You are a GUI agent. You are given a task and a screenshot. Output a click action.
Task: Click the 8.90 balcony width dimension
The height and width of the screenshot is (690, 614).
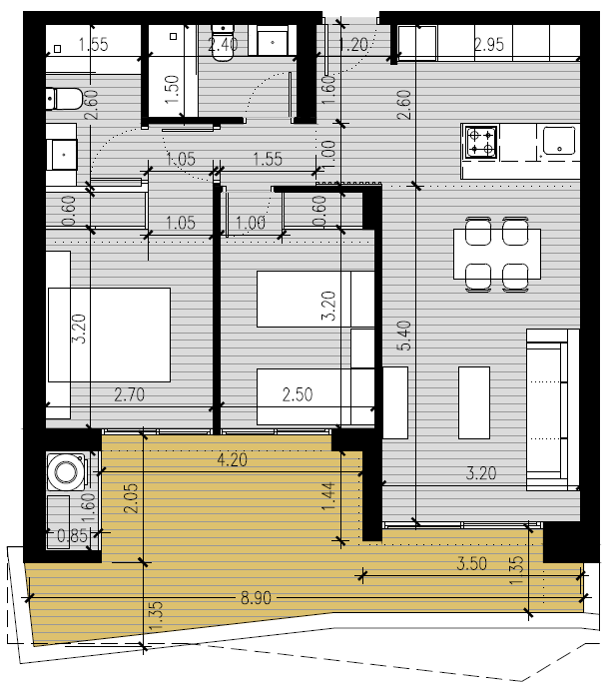click(256, 598)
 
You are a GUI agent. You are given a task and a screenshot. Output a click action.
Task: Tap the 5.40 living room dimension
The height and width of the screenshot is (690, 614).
click(404, 336)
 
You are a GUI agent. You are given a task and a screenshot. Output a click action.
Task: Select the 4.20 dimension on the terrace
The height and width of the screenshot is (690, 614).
click(233, 460)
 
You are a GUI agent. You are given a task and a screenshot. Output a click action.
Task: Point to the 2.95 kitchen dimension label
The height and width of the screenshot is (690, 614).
click(489, 45)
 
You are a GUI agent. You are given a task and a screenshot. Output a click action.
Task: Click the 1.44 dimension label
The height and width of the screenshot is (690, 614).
click(328, 496)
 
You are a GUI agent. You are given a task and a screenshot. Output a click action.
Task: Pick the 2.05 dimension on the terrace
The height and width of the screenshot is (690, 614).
click(131, 498)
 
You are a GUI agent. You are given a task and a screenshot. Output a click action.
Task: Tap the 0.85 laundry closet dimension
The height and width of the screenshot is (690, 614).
click(73, 535)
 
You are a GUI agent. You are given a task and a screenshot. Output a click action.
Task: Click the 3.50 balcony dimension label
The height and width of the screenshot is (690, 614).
click(471, 563)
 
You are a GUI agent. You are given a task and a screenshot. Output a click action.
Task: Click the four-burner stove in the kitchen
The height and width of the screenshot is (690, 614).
click(481, 142)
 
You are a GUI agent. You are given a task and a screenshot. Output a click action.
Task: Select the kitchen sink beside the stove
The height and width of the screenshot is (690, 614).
click(558, 141)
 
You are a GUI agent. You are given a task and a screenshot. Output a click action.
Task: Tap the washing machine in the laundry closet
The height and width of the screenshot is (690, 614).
click(67, 471)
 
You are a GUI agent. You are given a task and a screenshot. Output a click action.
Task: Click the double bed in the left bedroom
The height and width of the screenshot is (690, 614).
click(109, 335)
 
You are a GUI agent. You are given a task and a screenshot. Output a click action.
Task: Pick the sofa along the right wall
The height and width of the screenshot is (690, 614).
click(553, 409)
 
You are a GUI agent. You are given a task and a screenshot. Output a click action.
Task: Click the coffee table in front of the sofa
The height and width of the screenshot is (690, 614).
click(474, 402)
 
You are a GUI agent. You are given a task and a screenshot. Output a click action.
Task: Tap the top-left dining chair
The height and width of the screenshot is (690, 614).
click(478, 231)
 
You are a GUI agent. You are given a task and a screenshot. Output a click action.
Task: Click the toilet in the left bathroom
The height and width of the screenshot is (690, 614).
click(64, 99)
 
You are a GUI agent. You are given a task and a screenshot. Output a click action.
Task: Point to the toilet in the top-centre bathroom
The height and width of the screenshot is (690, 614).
click(223, 43)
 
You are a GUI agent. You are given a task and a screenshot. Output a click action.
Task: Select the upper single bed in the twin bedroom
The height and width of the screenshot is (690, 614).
click(315, 299)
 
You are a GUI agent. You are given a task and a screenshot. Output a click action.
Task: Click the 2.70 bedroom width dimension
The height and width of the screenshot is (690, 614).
click(129, 394)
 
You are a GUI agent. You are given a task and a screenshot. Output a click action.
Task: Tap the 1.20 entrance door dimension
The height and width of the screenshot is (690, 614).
click(354, 45)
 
